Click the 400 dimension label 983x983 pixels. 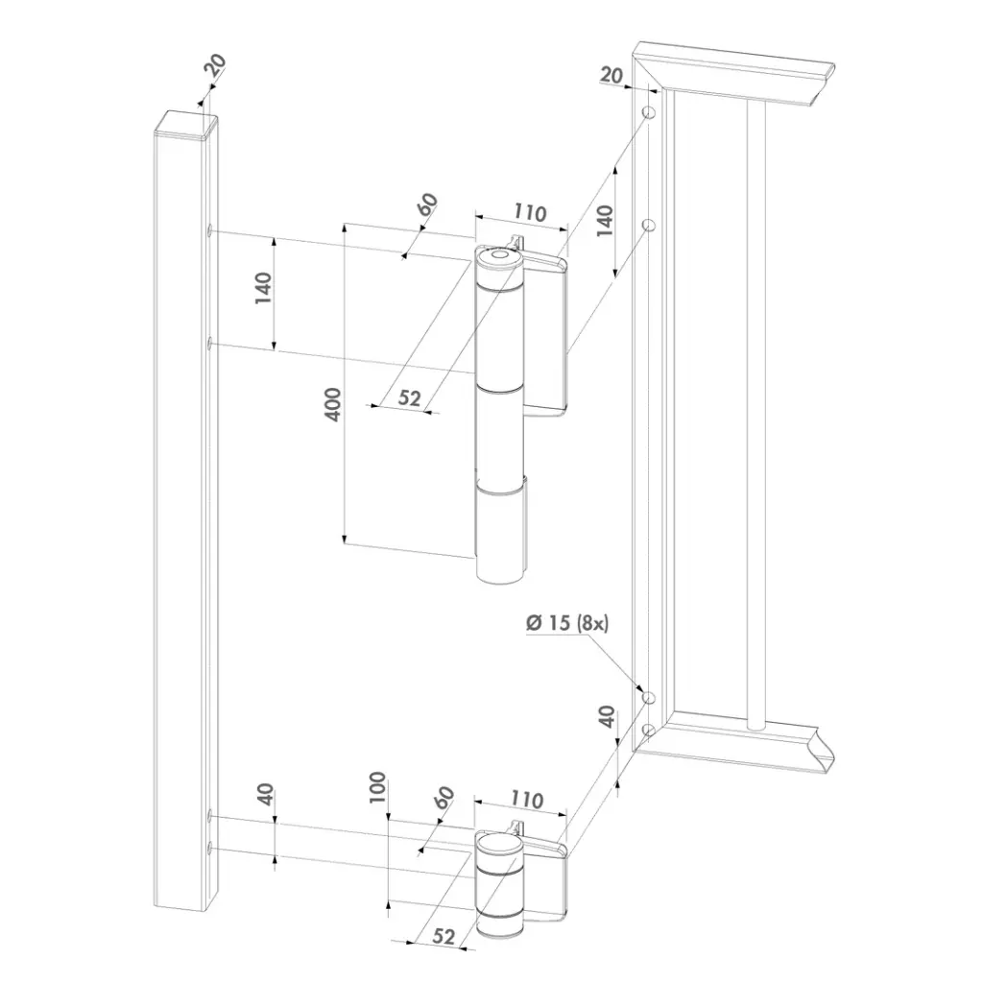coord(335,404)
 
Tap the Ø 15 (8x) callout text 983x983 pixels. coord(566,622)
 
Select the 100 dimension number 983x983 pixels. coord(376,787)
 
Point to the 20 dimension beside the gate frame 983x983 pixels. coord(611,75)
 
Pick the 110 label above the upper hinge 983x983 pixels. coord(530,212)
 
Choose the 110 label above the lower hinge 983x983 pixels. coord(526,800)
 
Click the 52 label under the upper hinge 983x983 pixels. coord(409,397)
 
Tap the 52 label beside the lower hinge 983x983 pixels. coord(444,936)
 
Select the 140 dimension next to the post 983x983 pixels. coord(263,288)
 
